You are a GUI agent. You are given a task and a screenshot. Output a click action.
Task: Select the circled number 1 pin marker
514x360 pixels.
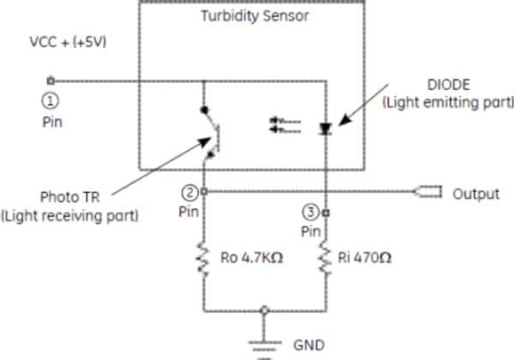(x=50, y=99)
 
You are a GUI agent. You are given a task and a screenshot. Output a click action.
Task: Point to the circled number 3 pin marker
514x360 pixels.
(x=311, y=211)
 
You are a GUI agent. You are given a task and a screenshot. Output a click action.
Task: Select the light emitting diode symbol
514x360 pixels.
(x=326, y=128)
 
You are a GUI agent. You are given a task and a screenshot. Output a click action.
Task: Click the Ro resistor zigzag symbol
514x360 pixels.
(x=204, y=258)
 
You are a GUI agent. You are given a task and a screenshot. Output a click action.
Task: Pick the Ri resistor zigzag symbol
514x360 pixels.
(x=326, y=258)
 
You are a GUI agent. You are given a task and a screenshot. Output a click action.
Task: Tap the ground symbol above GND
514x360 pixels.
(x=265, y=343)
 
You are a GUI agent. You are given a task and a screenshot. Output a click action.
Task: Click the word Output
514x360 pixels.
(x=475, y=194)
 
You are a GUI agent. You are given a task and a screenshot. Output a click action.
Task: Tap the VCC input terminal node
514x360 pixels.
(x=51, y=82)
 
